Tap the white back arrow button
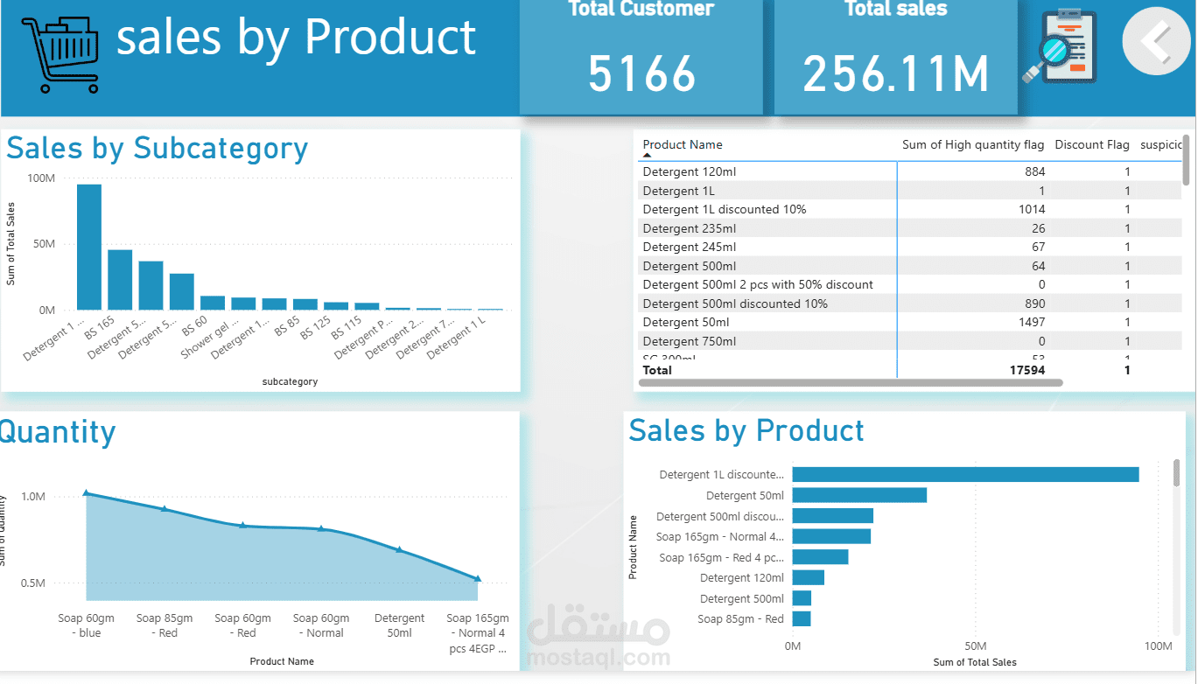coord(1156,40)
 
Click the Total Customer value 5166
coord(641,73)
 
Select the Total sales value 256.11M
coord(895,73)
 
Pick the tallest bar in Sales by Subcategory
coord(89,247)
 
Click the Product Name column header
coord(683,145)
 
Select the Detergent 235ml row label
coord(690,228)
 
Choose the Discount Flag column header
coord(1091,145)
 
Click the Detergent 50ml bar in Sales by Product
coord(858,495)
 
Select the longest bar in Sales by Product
coord(964,474)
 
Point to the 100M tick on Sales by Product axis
coord(1158,646)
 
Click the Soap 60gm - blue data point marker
coord(86,493)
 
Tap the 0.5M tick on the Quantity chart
coord(32,583)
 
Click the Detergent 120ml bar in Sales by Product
coord(808,577)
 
